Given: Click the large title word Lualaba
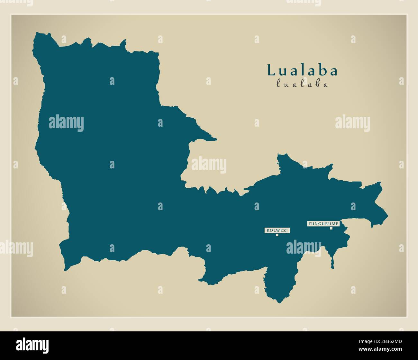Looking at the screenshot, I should point(302,70).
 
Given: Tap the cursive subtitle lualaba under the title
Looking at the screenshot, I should point(302,84).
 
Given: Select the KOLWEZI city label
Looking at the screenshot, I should point(277,230).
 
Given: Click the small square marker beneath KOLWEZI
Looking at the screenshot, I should point(277,235).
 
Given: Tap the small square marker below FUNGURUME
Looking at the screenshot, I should point(331,229).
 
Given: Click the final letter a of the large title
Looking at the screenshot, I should point(333,72).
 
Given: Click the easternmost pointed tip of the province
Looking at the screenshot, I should point(387,215).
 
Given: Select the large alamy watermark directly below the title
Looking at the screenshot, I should point(352,123).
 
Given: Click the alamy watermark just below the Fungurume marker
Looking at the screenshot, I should point(304,248).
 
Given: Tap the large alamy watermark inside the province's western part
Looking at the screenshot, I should point(66,123).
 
